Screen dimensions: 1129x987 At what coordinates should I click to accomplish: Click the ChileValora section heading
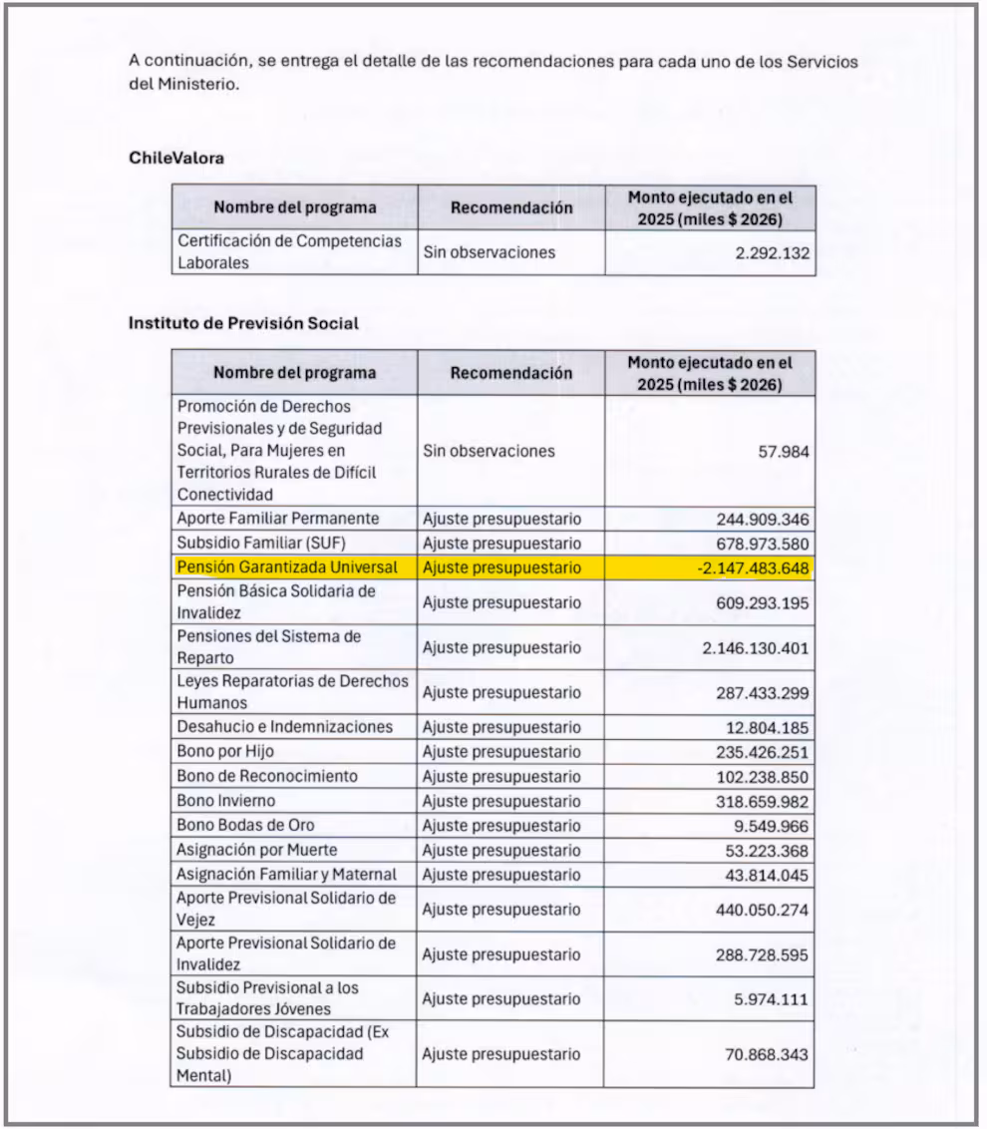tap(176, 158)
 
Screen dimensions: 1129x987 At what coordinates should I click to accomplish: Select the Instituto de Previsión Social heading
tap(243, 323)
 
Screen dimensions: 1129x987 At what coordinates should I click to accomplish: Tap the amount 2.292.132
tap(772, 253)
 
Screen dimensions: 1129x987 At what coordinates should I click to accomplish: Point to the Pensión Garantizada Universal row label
tap(287, 567)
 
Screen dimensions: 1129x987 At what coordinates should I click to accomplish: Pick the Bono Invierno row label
tap(226, 801)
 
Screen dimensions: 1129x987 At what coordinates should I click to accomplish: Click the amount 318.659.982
tap(763, 802)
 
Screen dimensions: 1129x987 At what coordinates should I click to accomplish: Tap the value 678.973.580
tap(763, 545)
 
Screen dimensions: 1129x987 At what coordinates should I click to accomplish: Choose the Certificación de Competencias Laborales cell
tap(289, 252)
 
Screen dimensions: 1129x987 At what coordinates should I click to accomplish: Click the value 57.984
tap(784, 452)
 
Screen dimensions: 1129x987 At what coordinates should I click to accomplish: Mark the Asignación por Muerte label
tap(257, 850)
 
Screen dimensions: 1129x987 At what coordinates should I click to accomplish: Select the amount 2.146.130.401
tap(756, 648)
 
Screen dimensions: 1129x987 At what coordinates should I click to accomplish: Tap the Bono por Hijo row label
tap(225, 751)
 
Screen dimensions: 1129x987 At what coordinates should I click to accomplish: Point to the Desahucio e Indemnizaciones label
tap(285, 727)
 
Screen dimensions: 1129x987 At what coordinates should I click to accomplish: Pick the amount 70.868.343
tap(767, 1054)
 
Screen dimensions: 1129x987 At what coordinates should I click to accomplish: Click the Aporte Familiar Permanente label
tap(278, 519)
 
